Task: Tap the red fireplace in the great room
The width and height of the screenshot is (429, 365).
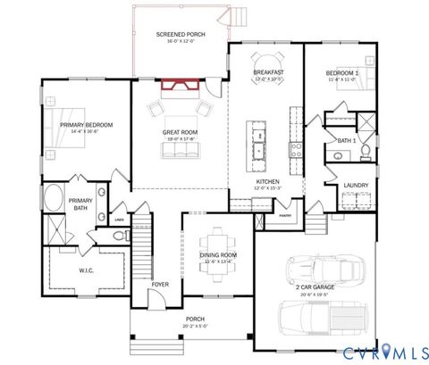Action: (179, 86)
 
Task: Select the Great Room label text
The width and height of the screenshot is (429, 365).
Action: (180, 134)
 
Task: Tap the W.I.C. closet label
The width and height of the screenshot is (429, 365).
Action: (86, 269)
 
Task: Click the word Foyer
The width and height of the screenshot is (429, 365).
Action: (159, 285)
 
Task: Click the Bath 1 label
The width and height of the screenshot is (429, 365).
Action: (347, 141)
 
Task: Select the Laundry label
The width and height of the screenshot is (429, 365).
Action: (356, 186)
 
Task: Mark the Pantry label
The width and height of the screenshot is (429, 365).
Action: (285, 216)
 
